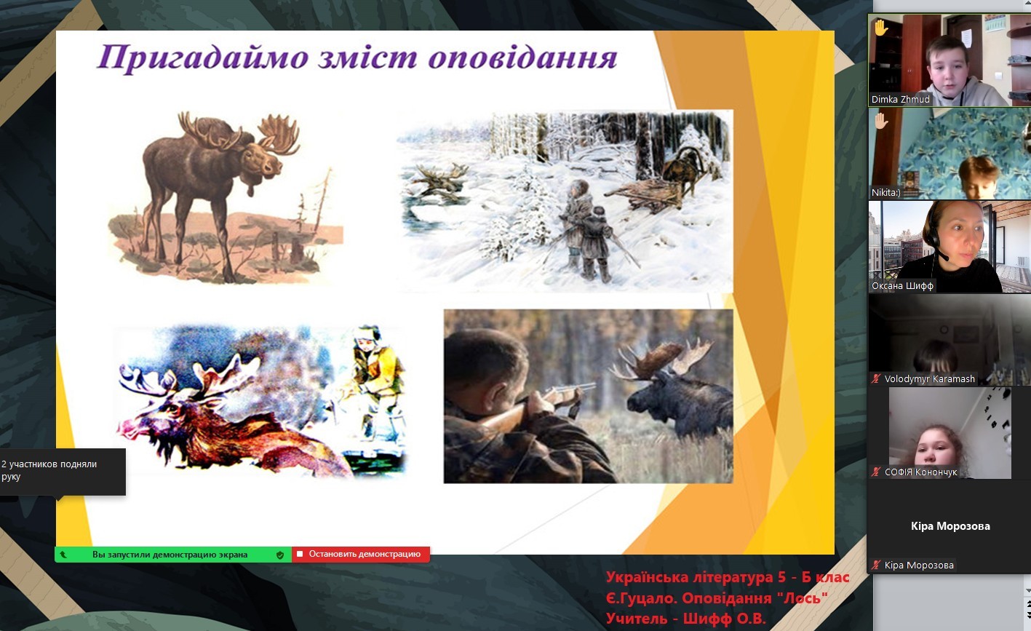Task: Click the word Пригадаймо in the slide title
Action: point(203,58)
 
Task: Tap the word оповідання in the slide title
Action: point(522,58)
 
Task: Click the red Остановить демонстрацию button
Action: point(361,554)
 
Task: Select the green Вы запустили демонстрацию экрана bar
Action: point(173,555)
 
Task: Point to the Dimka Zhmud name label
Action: point(900,100)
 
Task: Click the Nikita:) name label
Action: point(885,192)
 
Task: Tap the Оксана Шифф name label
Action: point(902,286)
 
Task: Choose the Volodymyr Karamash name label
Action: point(929,378)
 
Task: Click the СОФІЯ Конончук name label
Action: point(920,472)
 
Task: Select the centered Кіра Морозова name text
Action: point(950,526)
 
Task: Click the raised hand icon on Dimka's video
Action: point(881,28)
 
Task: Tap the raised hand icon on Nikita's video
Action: point(881,121)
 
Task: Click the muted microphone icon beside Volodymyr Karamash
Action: point(875,378)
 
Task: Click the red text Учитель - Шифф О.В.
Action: point(685,618)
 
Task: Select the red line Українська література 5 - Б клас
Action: point(727,577)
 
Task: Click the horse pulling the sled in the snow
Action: point(684,170)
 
